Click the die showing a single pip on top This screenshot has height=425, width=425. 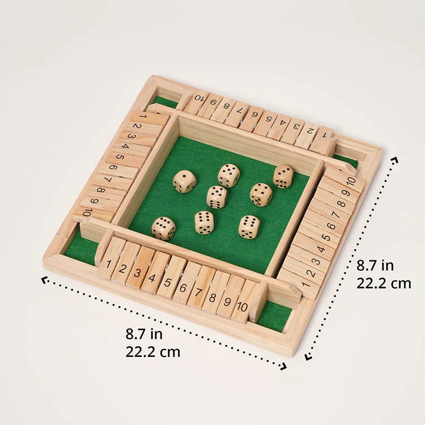(x=184, y=181)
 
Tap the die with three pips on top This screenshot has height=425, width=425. (x=283, y=176)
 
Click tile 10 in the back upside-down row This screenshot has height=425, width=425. (x=197, y=101)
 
